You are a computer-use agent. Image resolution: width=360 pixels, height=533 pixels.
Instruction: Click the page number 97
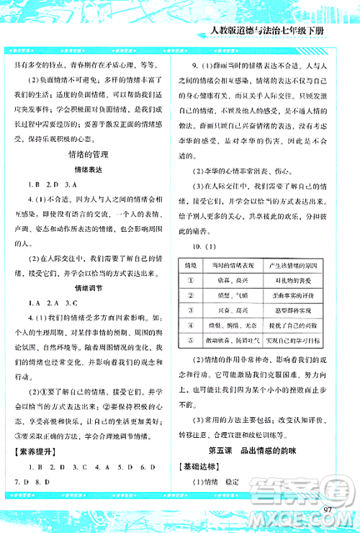[x=331, y=510]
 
